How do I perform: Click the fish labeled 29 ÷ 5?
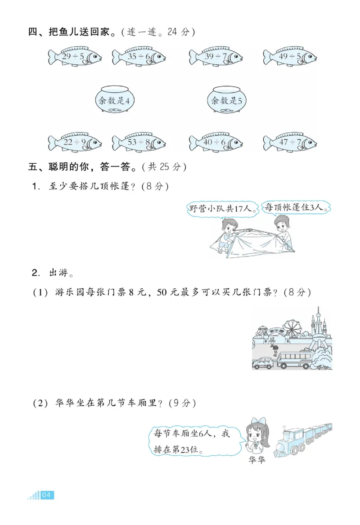[x=75, y=57]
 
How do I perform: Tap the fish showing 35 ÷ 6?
[x=139, y=57]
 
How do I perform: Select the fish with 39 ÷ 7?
[x=216, y=57]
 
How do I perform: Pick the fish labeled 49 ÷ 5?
[x=290, y=57]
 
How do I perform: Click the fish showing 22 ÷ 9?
[x=75, y=143]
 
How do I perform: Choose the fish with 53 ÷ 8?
[x=139, y=143]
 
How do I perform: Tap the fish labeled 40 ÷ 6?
[x=216, y=143]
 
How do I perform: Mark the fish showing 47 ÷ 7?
[x=290, y=143]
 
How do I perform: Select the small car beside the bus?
[x=262, y=363]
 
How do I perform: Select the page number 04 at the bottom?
[x=47, y=495]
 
